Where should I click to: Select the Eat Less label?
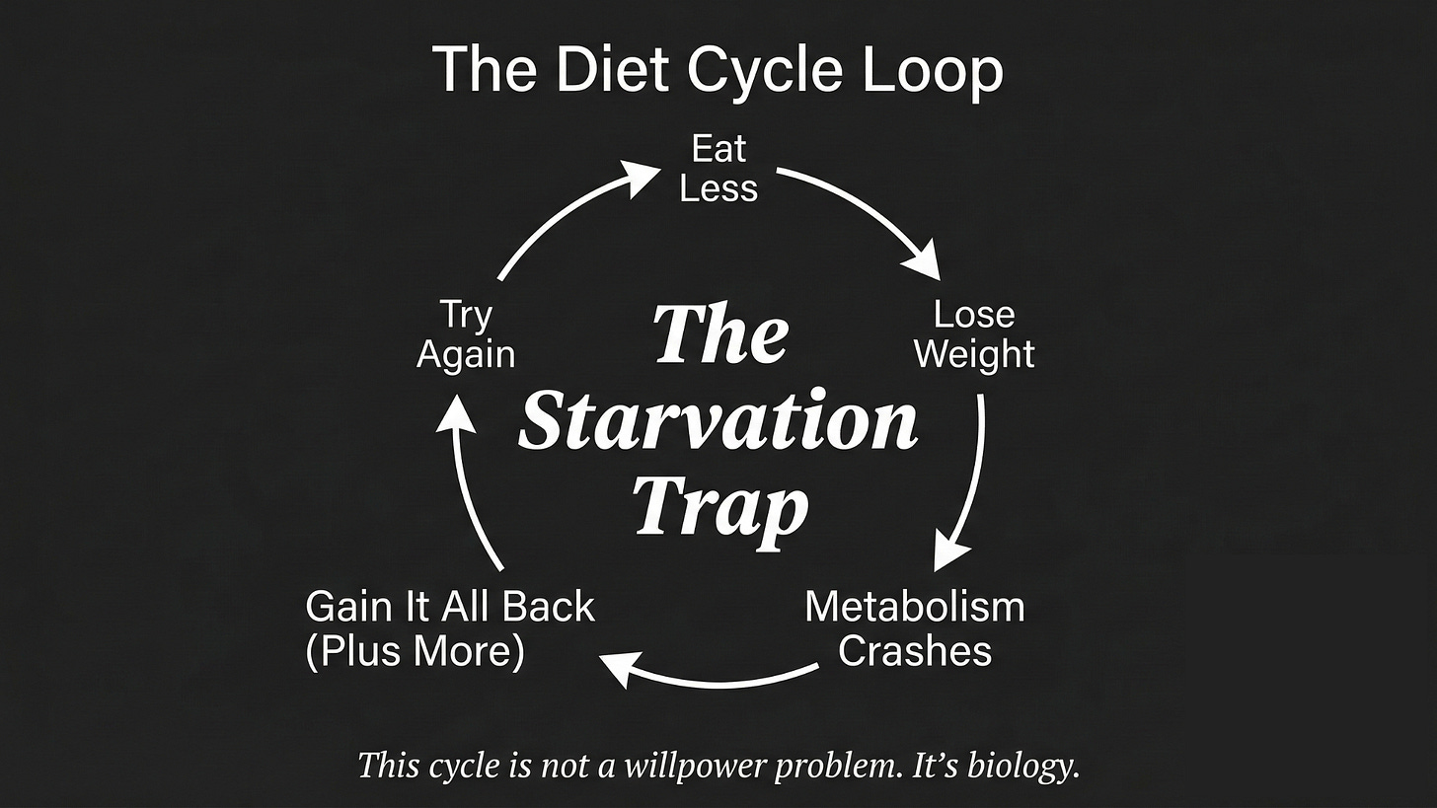point(718,169)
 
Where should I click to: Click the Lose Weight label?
point(974,334)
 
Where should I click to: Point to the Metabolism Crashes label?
point(915,628)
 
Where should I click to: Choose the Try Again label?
point(466,334)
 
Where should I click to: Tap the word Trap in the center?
point(720,507)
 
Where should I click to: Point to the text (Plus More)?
point(415,652)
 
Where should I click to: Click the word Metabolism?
point(915,606)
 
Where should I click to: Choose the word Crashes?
point(915,651)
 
